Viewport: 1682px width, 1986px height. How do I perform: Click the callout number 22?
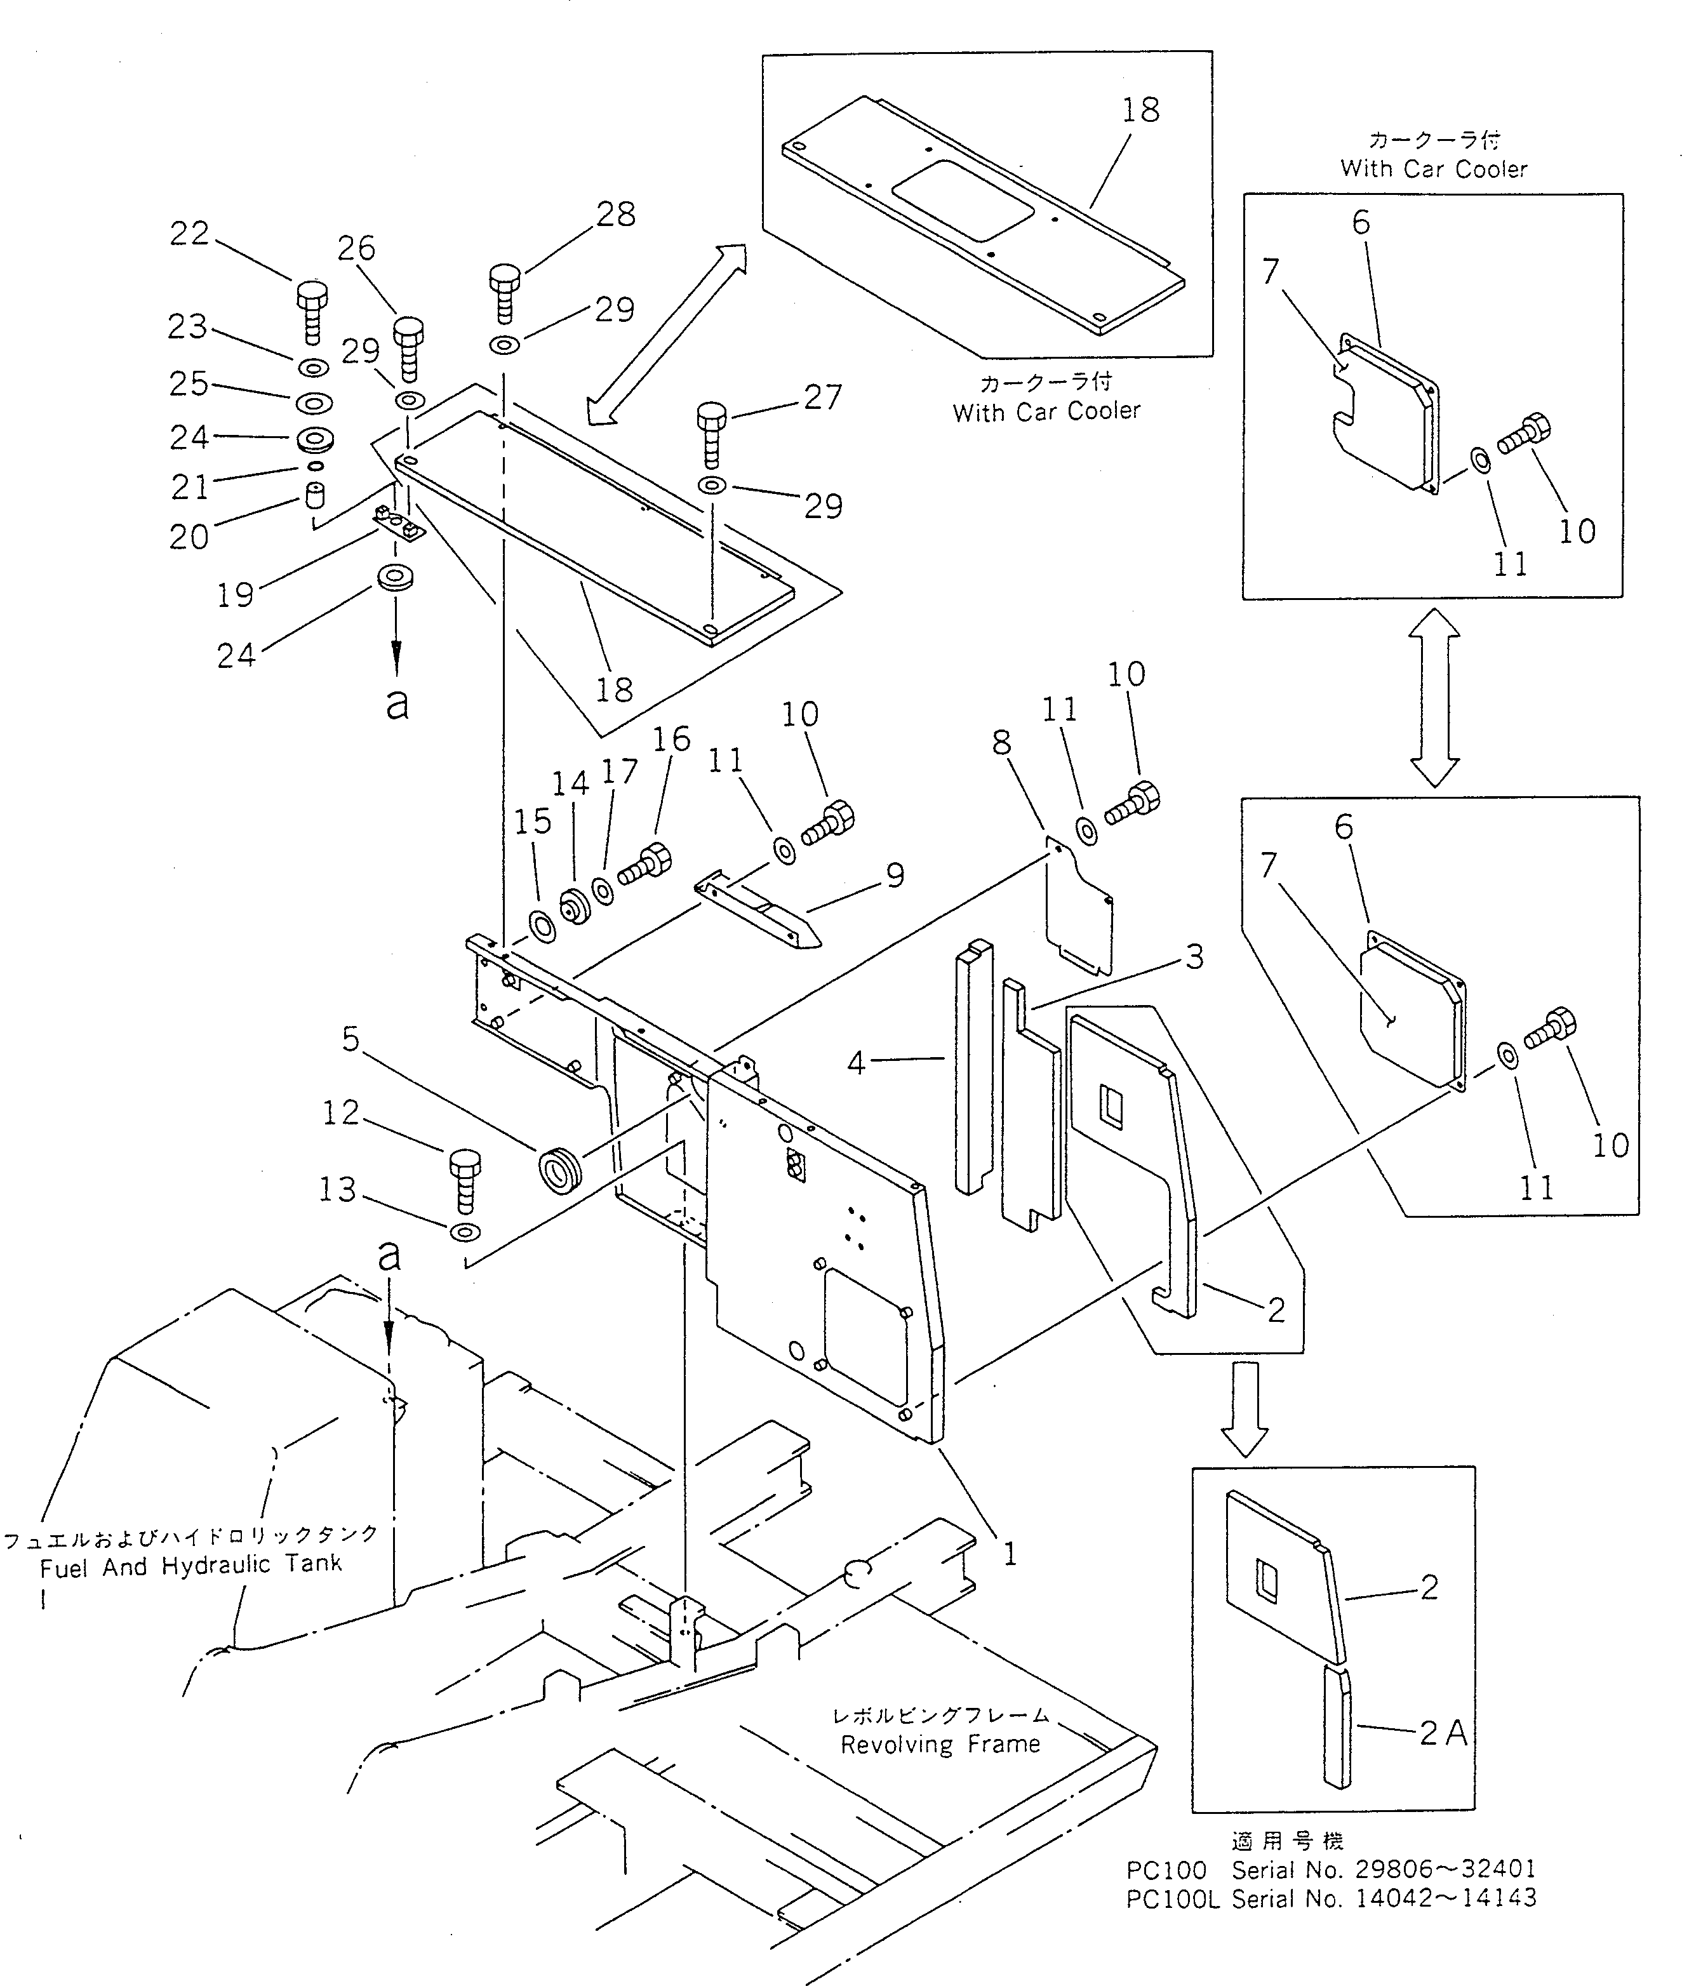tap(189, 234)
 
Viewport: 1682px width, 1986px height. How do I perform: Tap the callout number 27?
tap(822, 397)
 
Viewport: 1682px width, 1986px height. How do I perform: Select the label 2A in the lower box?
tap(1443, 1733)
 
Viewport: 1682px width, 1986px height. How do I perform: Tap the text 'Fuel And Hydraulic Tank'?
tap(190, 1564)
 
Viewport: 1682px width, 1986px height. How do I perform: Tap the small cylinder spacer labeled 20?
tap(316, 496)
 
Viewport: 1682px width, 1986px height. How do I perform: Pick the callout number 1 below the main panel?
tap(1010, 1554)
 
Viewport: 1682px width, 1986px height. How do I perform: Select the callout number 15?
tap(533, 821)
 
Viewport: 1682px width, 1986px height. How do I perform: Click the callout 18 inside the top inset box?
tap(1140, 110)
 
